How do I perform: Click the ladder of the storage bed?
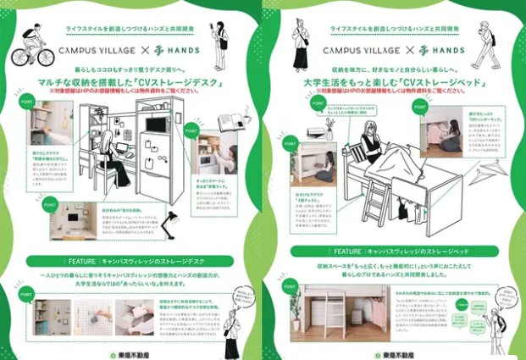pyautogui.click(x=373, y=203)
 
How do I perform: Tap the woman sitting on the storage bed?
pyautogui.click(x=373, y=144)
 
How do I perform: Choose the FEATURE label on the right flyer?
pyautogui.click(x=347, y=252)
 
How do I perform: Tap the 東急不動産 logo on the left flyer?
pyautogui.click(x=140, y=352)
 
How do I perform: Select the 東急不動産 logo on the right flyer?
pyautogui.click(x=399, y=352)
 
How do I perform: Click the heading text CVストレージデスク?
pyautogui.click(x=178, y=81)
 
